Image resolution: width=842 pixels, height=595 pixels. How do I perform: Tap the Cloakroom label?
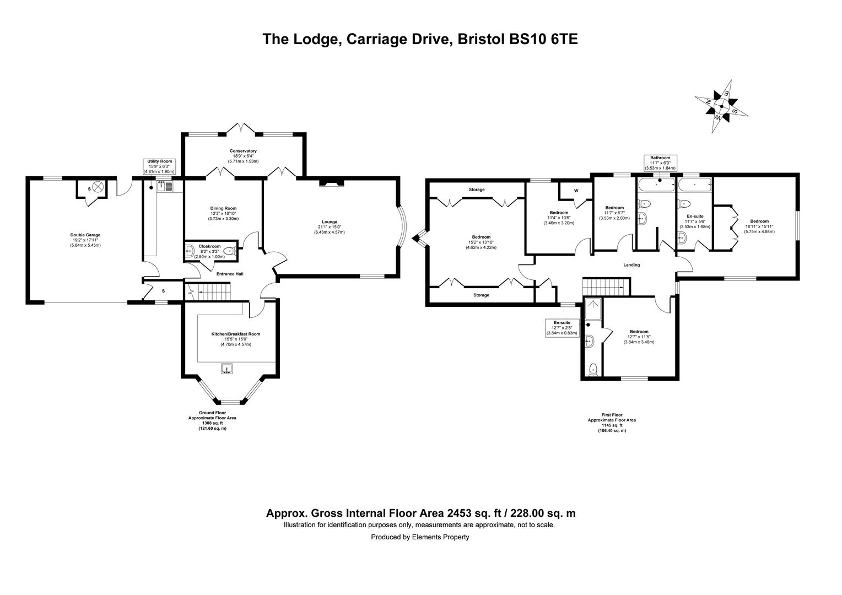pos(209,246)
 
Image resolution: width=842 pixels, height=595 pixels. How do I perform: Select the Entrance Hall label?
pos(230,274)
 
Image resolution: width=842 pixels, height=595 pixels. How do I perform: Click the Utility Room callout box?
pos(159,166)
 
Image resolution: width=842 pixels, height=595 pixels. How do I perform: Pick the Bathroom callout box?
pos(660,163)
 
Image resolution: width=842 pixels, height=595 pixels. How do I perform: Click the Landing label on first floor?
pos(631,265)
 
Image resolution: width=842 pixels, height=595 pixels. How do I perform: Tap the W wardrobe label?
pos(576,191)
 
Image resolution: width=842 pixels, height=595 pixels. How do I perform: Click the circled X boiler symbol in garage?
pos(98,187)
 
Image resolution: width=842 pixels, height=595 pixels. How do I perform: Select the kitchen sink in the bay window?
pos(227,369)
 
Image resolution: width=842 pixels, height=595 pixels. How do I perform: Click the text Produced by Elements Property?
pos(420,537)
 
